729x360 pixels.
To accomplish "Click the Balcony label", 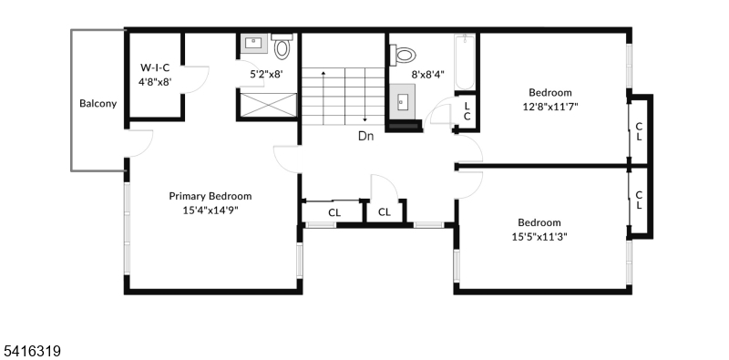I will tap(98, 103).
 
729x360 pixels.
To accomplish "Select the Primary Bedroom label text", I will tap(210, 196).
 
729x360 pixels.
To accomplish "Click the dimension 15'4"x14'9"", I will tap(210, 210).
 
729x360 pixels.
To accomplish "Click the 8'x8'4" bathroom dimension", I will tap(428, 75).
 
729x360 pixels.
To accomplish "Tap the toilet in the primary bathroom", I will tap(282, 47).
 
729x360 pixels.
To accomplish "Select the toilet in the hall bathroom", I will tap(402, 55).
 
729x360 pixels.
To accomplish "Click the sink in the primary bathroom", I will tap(252, 44).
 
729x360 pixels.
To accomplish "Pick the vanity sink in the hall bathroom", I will tap(403, 101).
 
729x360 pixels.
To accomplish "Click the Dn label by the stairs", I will tap(365, 137).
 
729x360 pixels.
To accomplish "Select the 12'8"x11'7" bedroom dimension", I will tap(550, 106).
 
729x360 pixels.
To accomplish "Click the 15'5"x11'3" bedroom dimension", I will tap(539, 236).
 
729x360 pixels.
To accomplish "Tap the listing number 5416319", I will tap(31, 349).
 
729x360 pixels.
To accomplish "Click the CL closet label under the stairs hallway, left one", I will tap(334, 212).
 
